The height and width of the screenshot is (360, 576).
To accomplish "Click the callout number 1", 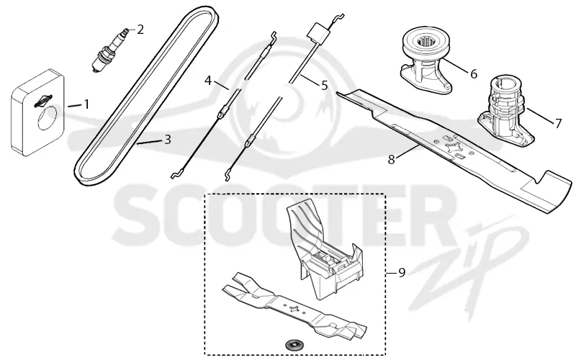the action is click(86, 104).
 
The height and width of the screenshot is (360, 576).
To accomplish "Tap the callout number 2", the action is click(140, 30).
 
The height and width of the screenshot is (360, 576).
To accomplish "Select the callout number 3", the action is click(168, 140).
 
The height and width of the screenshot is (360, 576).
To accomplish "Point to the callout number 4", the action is click(208, 80).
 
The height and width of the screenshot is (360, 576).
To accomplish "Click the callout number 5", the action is click(324, 86).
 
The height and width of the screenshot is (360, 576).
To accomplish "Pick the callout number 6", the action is click(474, 74).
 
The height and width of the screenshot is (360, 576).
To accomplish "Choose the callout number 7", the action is click(559, 123).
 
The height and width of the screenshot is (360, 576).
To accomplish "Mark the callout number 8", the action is click(392, 160).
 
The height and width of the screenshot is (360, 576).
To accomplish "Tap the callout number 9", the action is click(402, 273).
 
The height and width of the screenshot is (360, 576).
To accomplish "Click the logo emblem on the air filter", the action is click(44, 101).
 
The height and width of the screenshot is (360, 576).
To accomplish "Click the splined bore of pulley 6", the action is click(426, 42).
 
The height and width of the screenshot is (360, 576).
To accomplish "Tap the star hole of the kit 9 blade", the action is click(293, 308).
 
